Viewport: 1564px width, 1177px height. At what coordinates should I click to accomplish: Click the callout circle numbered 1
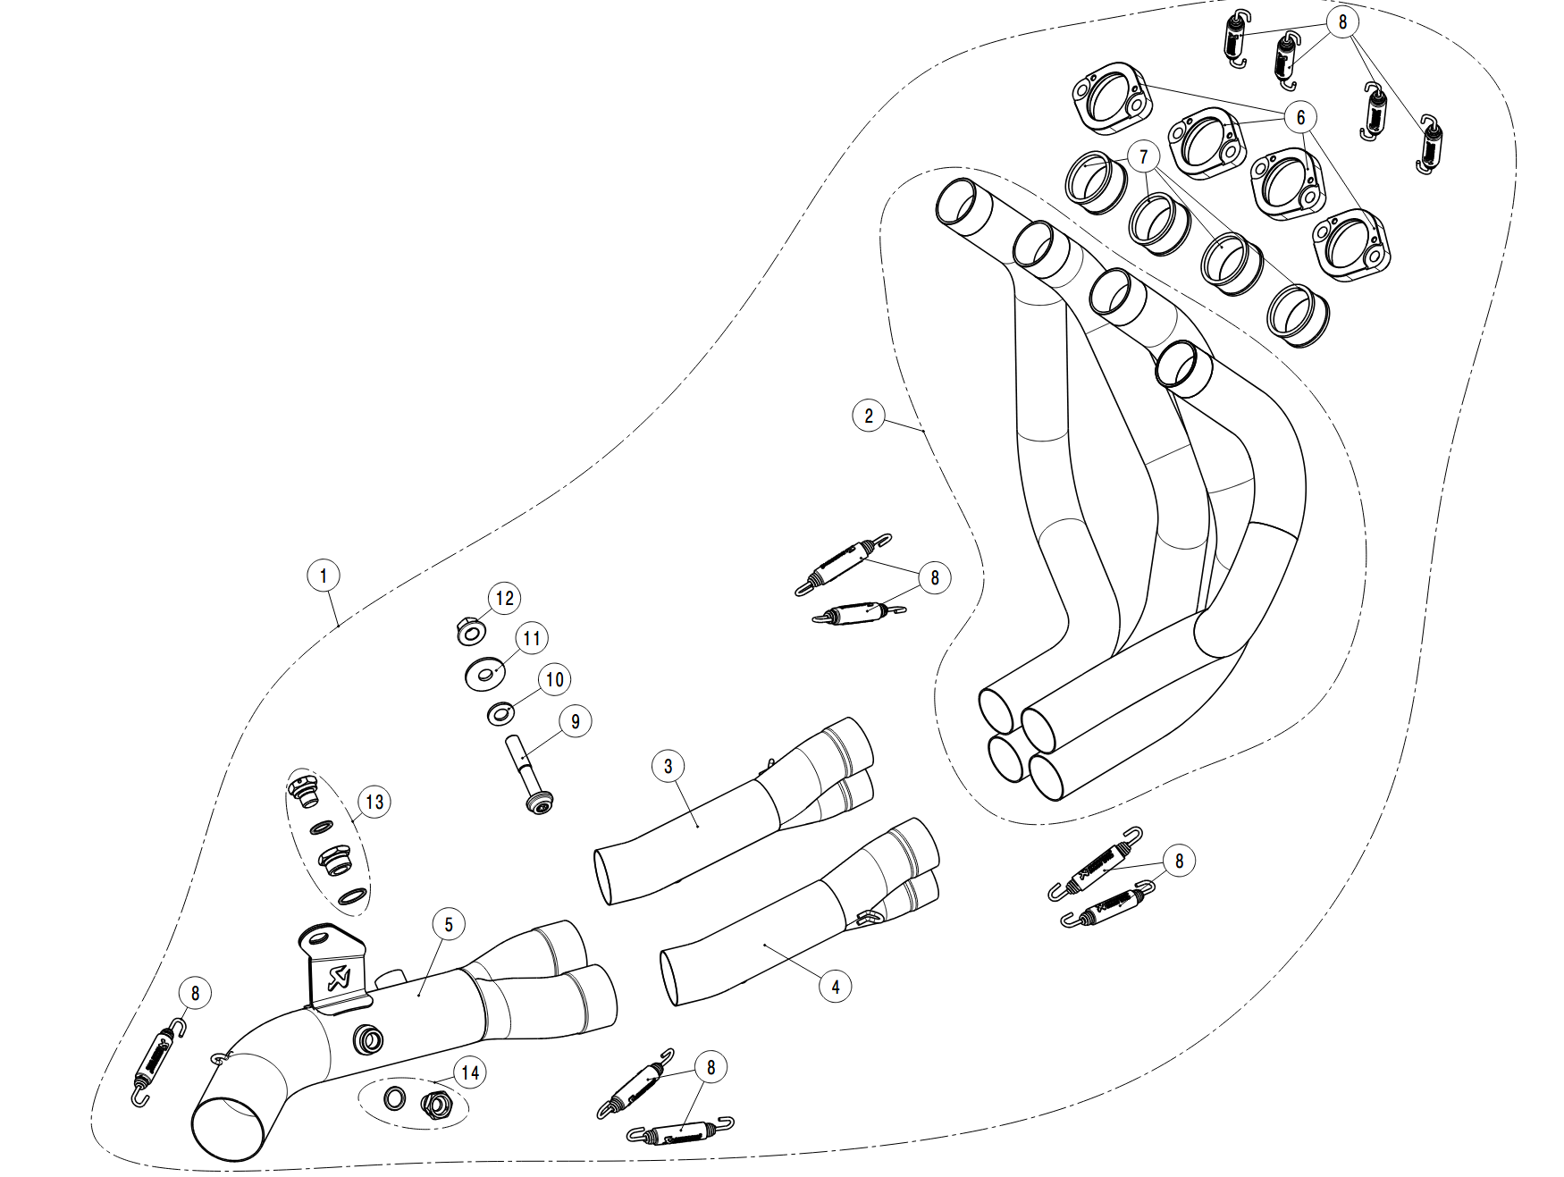point(324,576)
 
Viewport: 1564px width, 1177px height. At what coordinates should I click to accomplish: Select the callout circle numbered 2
point(868,415)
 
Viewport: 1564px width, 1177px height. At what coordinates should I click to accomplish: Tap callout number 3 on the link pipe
point(668,766)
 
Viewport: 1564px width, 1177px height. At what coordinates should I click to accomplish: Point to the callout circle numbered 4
point(835,987)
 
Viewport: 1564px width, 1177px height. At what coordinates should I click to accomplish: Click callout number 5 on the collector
point(449,925)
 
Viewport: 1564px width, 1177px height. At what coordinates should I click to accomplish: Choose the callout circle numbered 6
point(1300,117)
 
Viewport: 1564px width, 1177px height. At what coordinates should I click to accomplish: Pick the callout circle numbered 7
point(1143,157)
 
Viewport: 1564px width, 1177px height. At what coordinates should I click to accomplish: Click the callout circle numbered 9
point(575,721)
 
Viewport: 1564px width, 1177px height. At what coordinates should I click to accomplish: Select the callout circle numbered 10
point(554,679)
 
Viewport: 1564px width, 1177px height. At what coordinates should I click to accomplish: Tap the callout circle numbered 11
point(532,638)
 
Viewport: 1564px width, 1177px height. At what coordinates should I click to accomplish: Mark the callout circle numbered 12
point(505,598)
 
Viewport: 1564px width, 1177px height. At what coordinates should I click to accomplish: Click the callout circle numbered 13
point(374,802)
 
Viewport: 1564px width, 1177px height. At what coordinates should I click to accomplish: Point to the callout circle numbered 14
point(469,1072)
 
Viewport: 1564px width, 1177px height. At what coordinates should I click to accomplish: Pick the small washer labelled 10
point(501,714)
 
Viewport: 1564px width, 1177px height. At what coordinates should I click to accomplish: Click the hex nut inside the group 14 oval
point(437,1106)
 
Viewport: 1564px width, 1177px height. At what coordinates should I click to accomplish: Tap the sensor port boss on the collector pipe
point(368,1038)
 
